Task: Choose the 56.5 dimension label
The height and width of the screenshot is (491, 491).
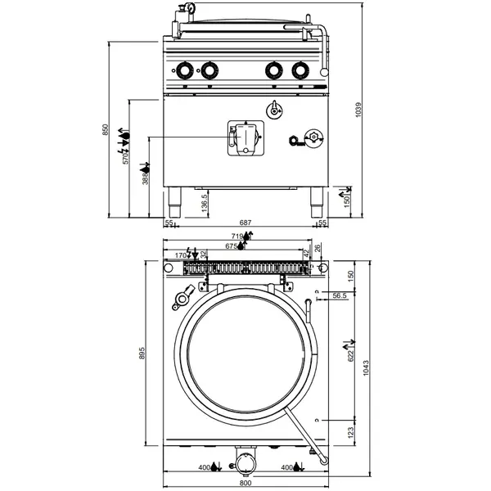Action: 340,296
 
